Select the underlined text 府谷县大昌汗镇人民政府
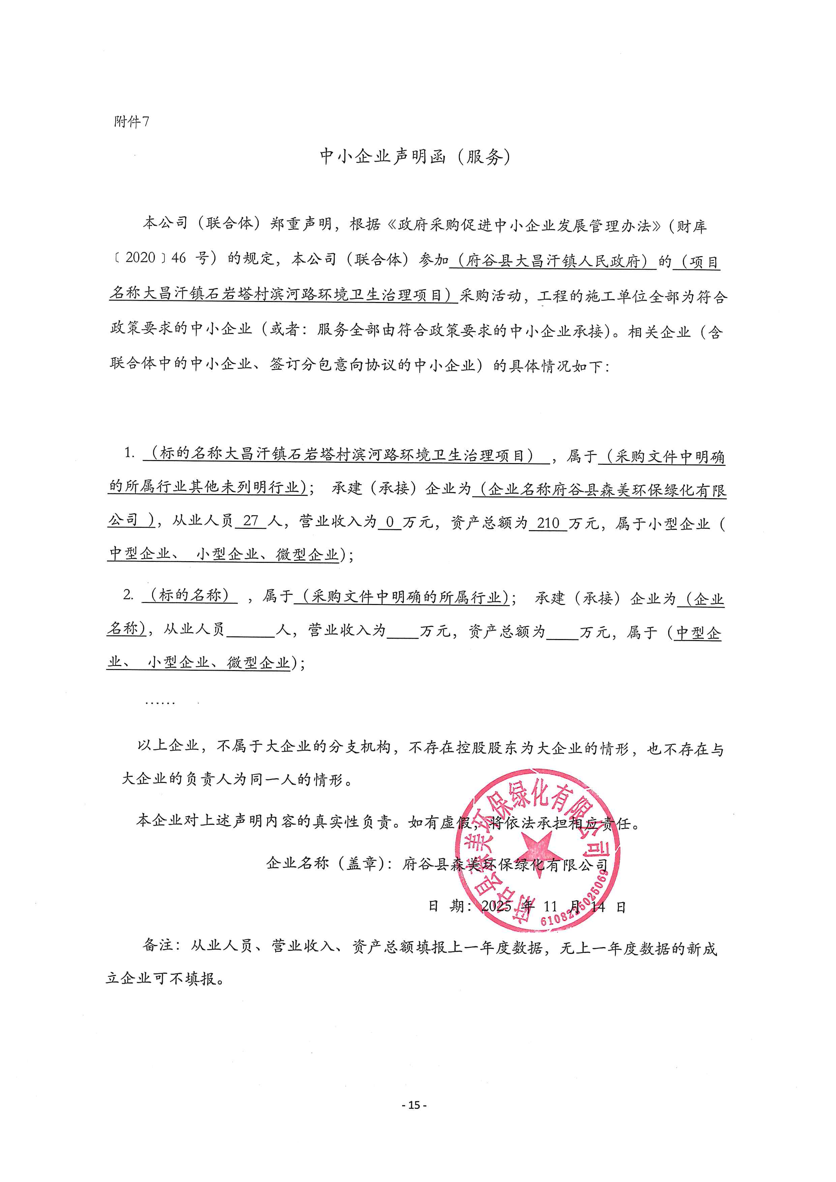pyautogui.click(x=553, y=261)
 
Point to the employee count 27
pyautogui.click(x=251, y=521)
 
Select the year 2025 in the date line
pyautogui.click(x=496, y=906)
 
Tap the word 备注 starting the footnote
pyautogui.click(x=157, y=945)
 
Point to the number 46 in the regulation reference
pyautogui.click(x=179, y=258)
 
